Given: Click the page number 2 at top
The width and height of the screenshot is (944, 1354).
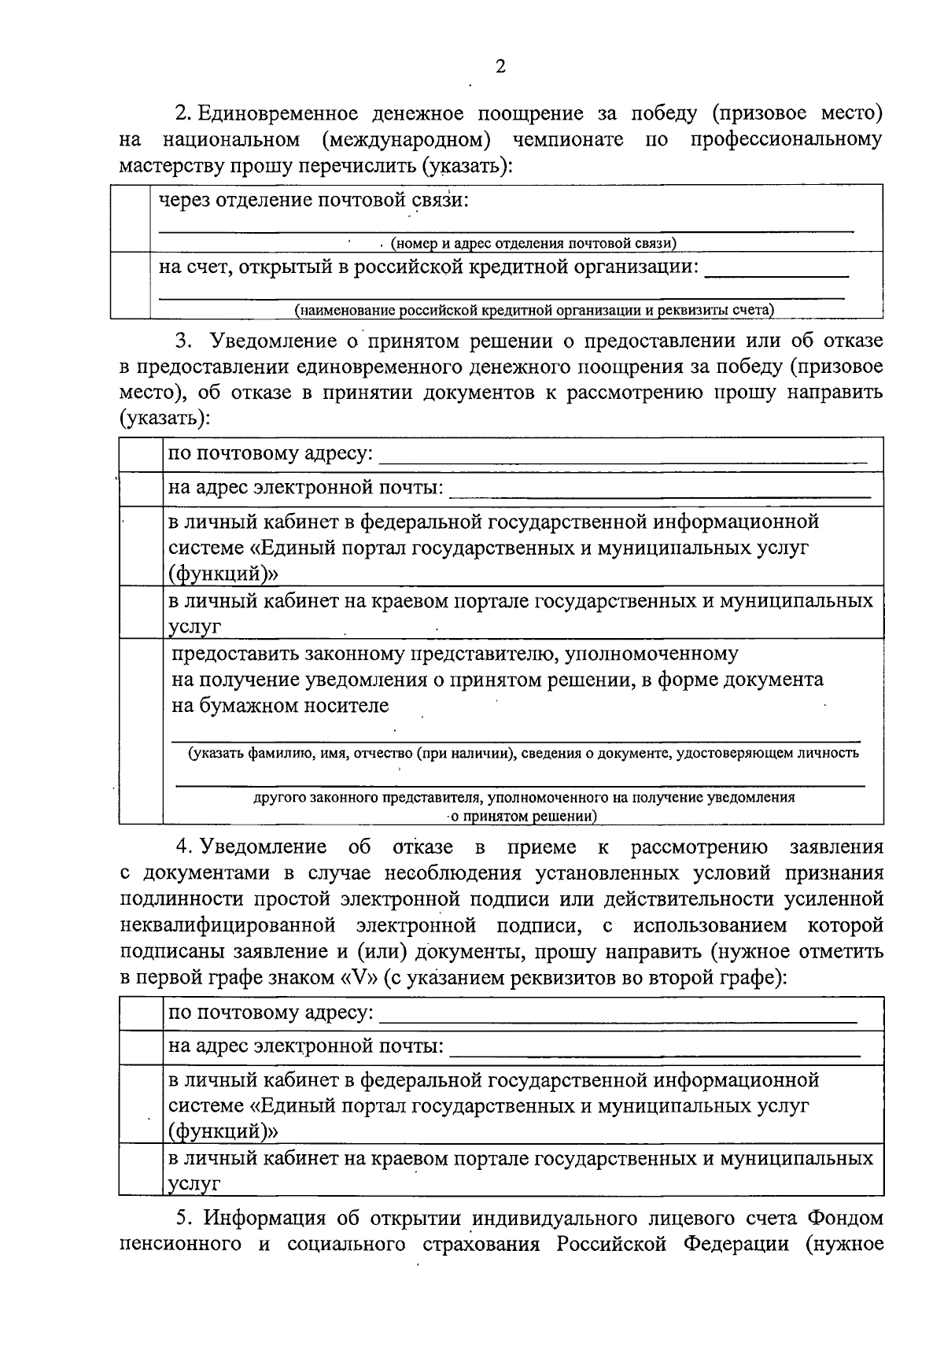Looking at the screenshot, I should [500, 66].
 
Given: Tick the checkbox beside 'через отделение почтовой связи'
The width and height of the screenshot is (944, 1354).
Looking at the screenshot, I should [130, 218].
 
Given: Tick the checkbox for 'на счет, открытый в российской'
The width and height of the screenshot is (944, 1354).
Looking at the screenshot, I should [130, 284].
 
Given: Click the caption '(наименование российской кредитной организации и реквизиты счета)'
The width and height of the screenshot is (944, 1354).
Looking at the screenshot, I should [534, 310].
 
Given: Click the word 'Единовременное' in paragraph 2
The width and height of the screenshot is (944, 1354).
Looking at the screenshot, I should [278, 113].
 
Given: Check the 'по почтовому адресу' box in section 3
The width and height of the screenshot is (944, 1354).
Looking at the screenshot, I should [141, 455].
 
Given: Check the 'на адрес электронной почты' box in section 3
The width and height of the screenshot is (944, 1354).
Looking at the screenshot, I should [141, 489].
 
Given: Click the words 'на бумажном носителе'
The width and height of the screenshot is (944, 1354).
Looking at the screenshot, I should [280, 705].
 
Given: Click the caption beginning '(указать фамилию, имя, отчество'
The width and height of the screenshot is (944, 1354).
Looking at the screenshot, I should [522, 753].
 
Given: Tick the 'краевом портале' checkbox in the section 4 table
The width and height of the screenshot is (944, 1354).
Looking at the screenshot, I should [141, 1168].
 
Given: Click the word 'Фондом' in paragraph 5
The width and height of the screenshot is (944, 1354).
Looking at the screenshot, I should [844, 1219].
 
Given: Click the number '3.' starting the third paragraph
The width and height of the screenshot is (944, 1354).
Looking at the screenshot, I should [183, 341].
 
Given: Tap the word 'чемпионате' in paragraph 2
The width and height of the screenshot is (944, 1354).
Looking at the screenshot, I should [568, 140].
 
